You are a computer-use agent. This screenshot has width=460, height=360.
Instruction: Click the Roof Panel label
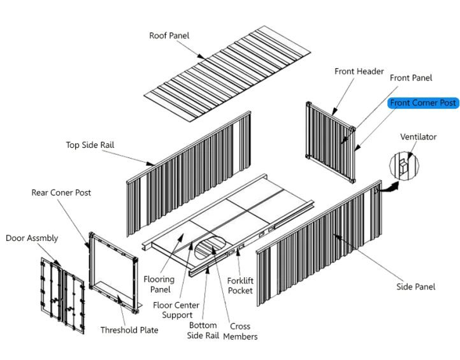coord(169,36)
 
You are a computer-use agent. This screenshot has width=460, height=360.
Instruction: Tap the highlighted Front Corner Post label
coord(423,103)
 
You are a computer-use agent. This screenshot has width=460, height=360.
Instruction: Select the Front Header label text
coord(359,71)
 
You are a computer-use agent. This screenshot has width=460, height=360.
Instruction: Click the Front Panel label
coord(411,78)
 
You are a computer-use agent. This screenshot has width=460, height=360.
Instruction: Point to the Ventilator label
coord(419,137)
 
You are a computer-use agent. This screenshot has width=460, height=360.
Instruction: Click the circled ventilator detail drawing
coord(404,166)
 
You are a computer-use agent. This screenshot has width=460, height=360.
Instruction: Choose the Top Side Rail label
coord(90,145)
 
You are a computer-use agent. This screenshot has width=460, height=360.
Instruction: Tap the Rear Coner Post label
coord(61,192)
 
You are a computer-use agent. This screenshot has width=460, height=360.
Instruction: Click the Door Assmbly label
coord(32,238)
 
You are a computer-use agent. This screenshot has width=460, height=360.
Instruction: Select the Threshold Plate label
coord(129,330)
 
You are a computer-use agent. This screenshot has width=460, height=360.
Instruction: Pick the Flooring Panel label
coord(159,284)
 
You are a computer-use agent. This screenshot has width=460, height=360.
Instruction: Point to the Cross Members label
coord(240,331)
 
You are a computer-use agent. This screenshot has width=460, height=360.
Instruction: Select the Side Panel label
coord(416,287)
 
